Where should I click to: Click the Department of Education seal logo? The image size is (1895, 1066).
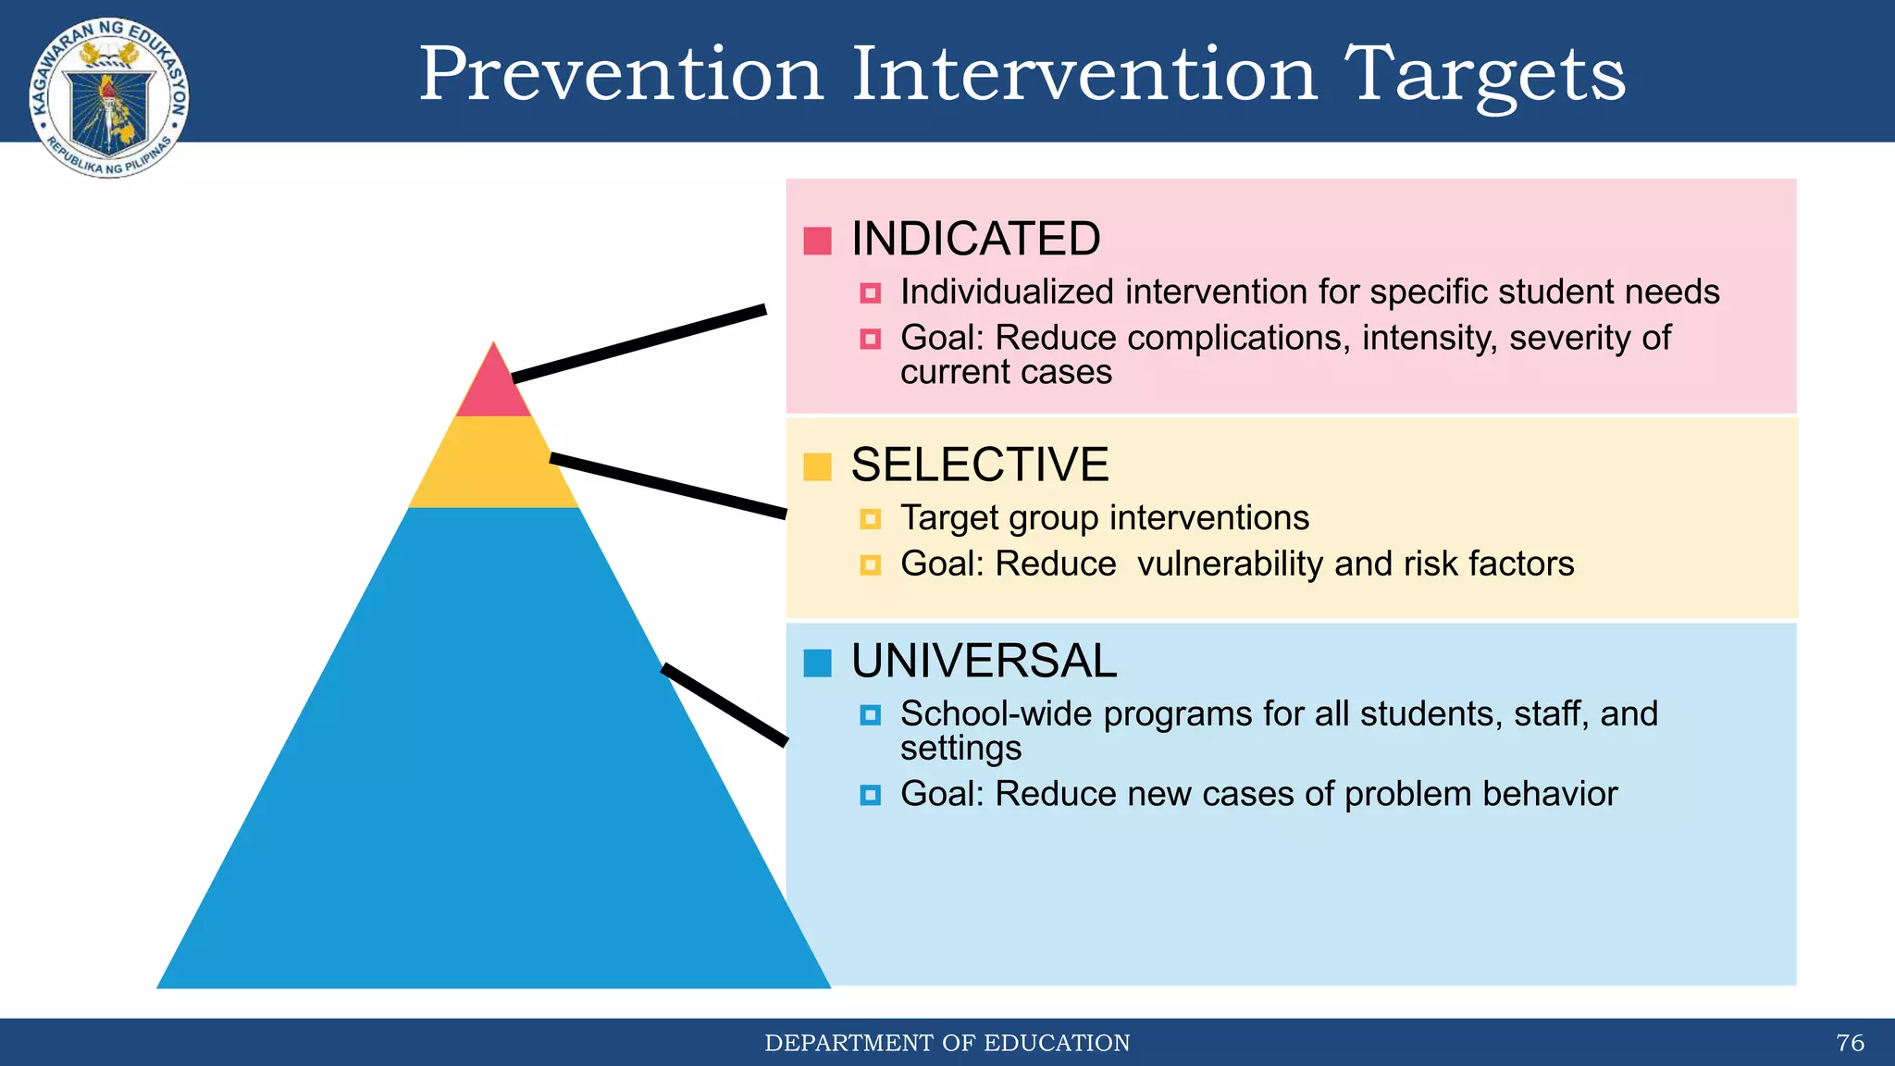tap(109, 98)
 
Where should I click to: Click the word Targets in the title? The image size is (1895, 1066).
tap(1484, 76)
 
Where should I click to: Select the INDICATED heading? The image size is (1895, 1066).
tap(975, 239)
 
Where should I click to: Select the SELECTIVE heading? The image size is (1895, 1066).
tap(979, 465)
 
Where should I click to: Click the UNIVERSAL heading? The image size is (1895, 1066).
tap(984, 662)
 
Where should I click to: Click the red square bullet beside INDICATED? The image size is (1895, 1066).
tap(817, 241)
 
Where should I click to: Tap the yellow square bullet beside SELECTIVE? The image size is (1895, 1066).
tap(817, 466)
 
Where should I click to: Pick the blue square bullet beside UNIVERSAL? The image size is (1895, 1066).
tap(817, 663)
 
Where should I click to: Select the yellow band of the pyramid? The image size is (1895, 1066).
tap(493, 463)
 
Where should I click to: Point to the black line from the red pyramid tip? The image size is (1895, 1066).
tap(638, 343)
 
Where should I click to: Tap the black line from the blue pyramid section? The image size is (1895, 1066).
tap(725, 704)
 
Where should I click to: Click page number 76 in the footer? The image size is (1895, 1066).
tap(1850, 1043)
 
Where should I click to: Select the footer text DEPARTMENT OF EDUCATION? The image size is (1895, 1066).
tap(947, 1043)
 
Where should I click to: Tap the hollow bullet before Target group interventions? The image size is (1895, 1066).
tap(870, 519)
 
